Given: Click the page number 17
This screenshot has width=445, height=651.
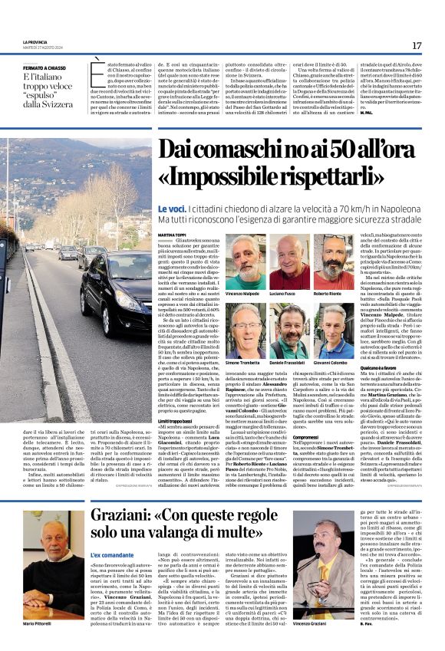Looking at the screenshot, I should [x=417, y=45].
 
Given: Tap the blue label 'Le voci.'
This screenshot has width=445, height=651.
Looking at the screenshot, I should [x=172, y=209].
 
